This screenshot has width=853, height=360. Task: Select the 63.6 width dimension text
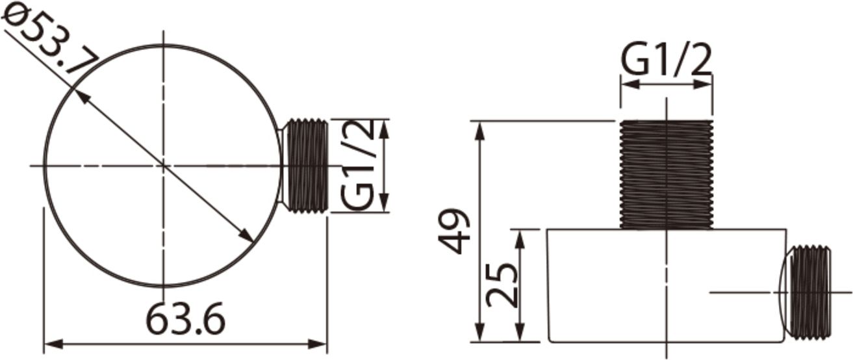[x=185, y=320]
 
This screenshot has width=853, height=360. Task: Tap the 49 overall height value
[x=453, y=231]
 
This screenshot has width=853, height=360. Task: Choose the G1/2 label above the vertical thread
[x=667, y=60]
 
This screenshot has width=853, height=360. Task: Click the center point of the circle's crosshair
[x=163, y=166]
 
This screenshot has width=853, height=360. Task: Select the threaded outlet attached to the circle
[x=305, y=166]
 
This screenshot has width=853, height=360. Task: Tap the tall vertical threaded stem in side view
[x=667, y=175]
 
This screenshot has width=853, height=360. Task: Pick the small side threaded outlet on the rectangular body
[x=809, y=292]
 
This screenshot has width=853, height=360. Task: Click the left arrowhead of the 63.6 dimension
[x=50, y=343]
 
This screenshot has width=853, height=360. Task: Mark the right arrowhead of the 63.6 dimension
[x=320, y=343]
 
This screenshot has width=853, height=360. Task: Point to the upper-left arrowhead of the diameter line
[x=80, y=95]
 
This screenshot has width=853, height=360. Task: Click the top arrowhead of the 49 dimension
[x=480, y=127]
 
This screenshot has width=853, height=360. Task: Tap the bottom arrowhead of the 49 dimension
[x=480, y=335]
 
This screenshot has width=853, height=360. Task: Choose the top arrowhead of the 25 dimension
[x=520, y=235]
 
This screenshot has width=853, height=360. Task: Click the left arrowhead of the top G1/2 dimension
[x=627, y=84]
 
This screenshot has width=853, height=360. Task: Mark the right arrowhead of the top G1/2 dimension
[x=706, y=84]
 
